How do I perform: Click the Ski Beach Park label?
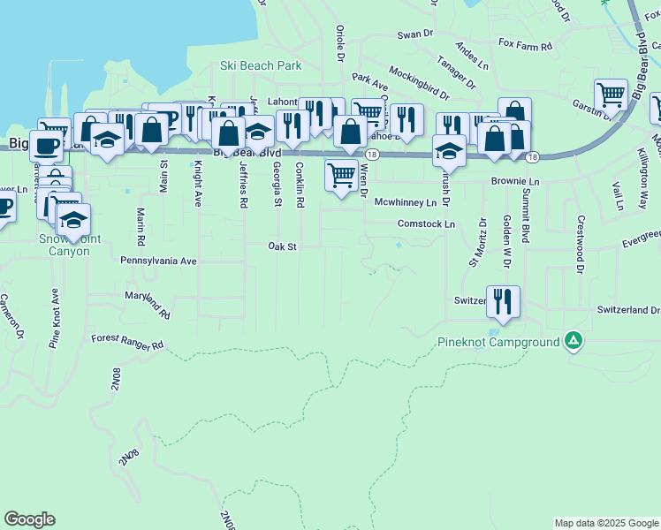(x=261, y=65)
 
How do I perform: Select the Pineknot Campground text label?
(x=498, y=342)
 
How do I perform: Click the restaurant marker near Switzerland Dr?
(x=503, y=302)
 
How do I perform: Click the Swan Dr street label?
(x=414, y=34)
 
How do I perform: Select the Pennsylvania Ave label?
(x=158, y=261)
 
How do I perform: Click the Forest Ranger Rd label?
(x=127, y=338)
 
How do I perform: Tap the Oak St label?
(x=282, y=246)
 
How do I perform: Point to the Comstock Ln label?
(x=426, y=224)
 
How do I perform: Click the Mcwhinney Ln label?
(x=406, y=202)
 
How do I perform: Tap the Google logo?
(x=29, y=519)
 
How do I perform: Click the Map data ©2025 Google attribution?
(x=605, y=523)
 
